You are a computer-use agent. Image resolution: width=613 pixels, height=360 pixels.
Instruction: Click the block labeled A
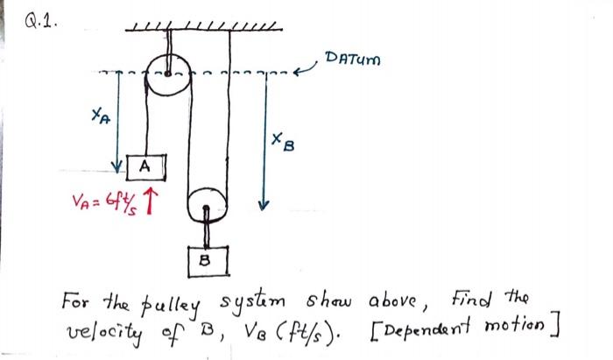pos(144,165)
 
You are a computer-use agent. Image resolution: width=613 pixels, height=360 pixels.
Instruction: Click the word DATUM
pos(353,60)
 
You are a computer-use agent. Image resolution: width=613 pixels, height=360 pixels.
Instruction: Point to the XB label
pos(278,138)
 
